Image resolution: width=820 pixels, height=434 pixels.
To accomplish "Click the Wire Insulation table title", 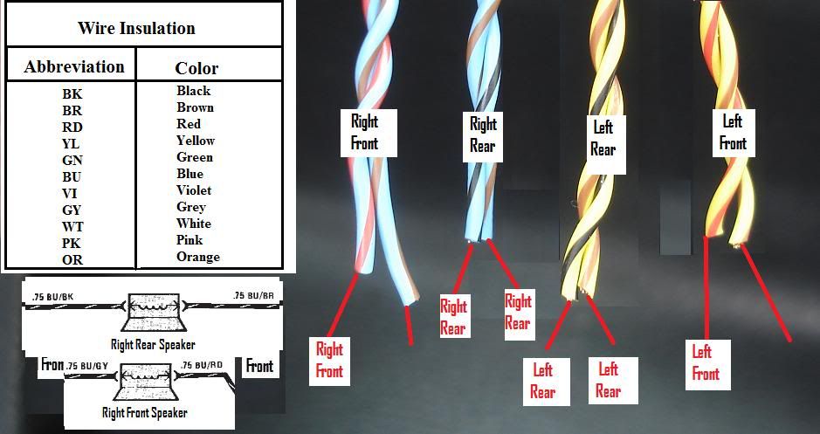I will click(136, 27).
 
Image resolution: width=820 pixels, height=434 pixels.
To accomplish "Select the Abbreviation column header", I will click(74, 66).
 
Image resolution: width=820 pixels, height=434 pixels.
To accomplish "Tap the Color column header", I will click(196, 67).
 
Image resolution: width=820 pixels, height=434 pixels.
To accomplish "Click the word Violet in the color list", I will click(194, 189).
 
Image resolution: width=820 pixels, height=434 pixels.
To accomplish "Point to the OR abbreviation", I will click(72, 259).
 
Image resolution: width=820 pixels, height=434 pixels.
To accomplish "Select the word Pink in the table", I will click(189, 239).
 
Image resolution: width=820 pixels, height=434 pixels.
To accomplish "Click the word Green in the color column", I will click(194, 157).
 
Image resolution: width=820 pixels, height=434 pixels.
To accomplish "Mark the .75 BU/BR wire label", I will click(255, 295).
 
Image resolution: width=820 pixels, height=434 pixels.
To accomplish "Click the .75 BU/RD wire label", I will click(203, 364).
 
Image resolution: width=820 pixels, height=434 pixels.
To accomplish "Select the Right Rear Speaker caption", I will click(152, 344).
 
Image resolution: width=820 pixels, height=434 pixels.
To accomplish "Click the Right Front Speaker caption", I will click(144, 412).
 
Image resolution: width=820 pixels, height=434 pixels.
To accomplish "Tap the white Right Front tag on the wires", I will click(364, 132).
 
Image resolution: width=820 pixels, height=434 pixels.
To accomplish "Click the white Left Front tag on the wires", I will click(733, 130).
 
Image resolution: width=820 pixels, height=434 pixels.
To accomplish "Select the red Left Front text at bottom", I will click(706, 362).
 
